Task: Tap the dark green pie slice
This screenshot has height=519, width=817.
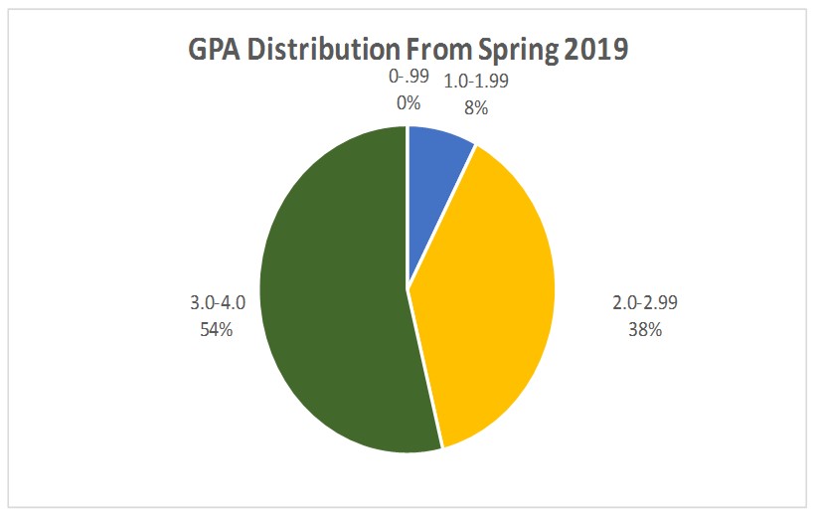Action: click(328, 298)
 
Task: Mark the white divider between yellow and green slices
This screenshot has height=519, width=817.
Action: click(424, 369)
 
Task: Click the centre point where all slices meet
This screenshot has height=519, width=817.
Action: click(408, 289)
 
